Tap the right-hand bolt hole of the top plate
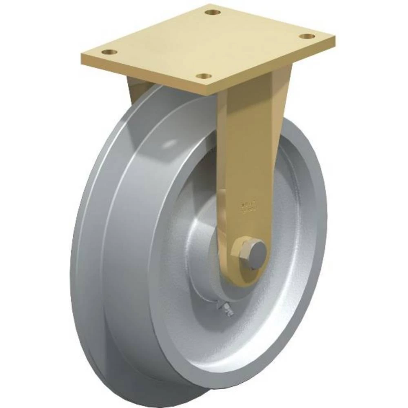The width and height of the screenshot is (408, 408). pyautogui.click(x=307, y=37)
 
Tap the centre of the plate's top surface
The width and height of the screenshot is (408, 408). pyautogui.click(x=208, y=45)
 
